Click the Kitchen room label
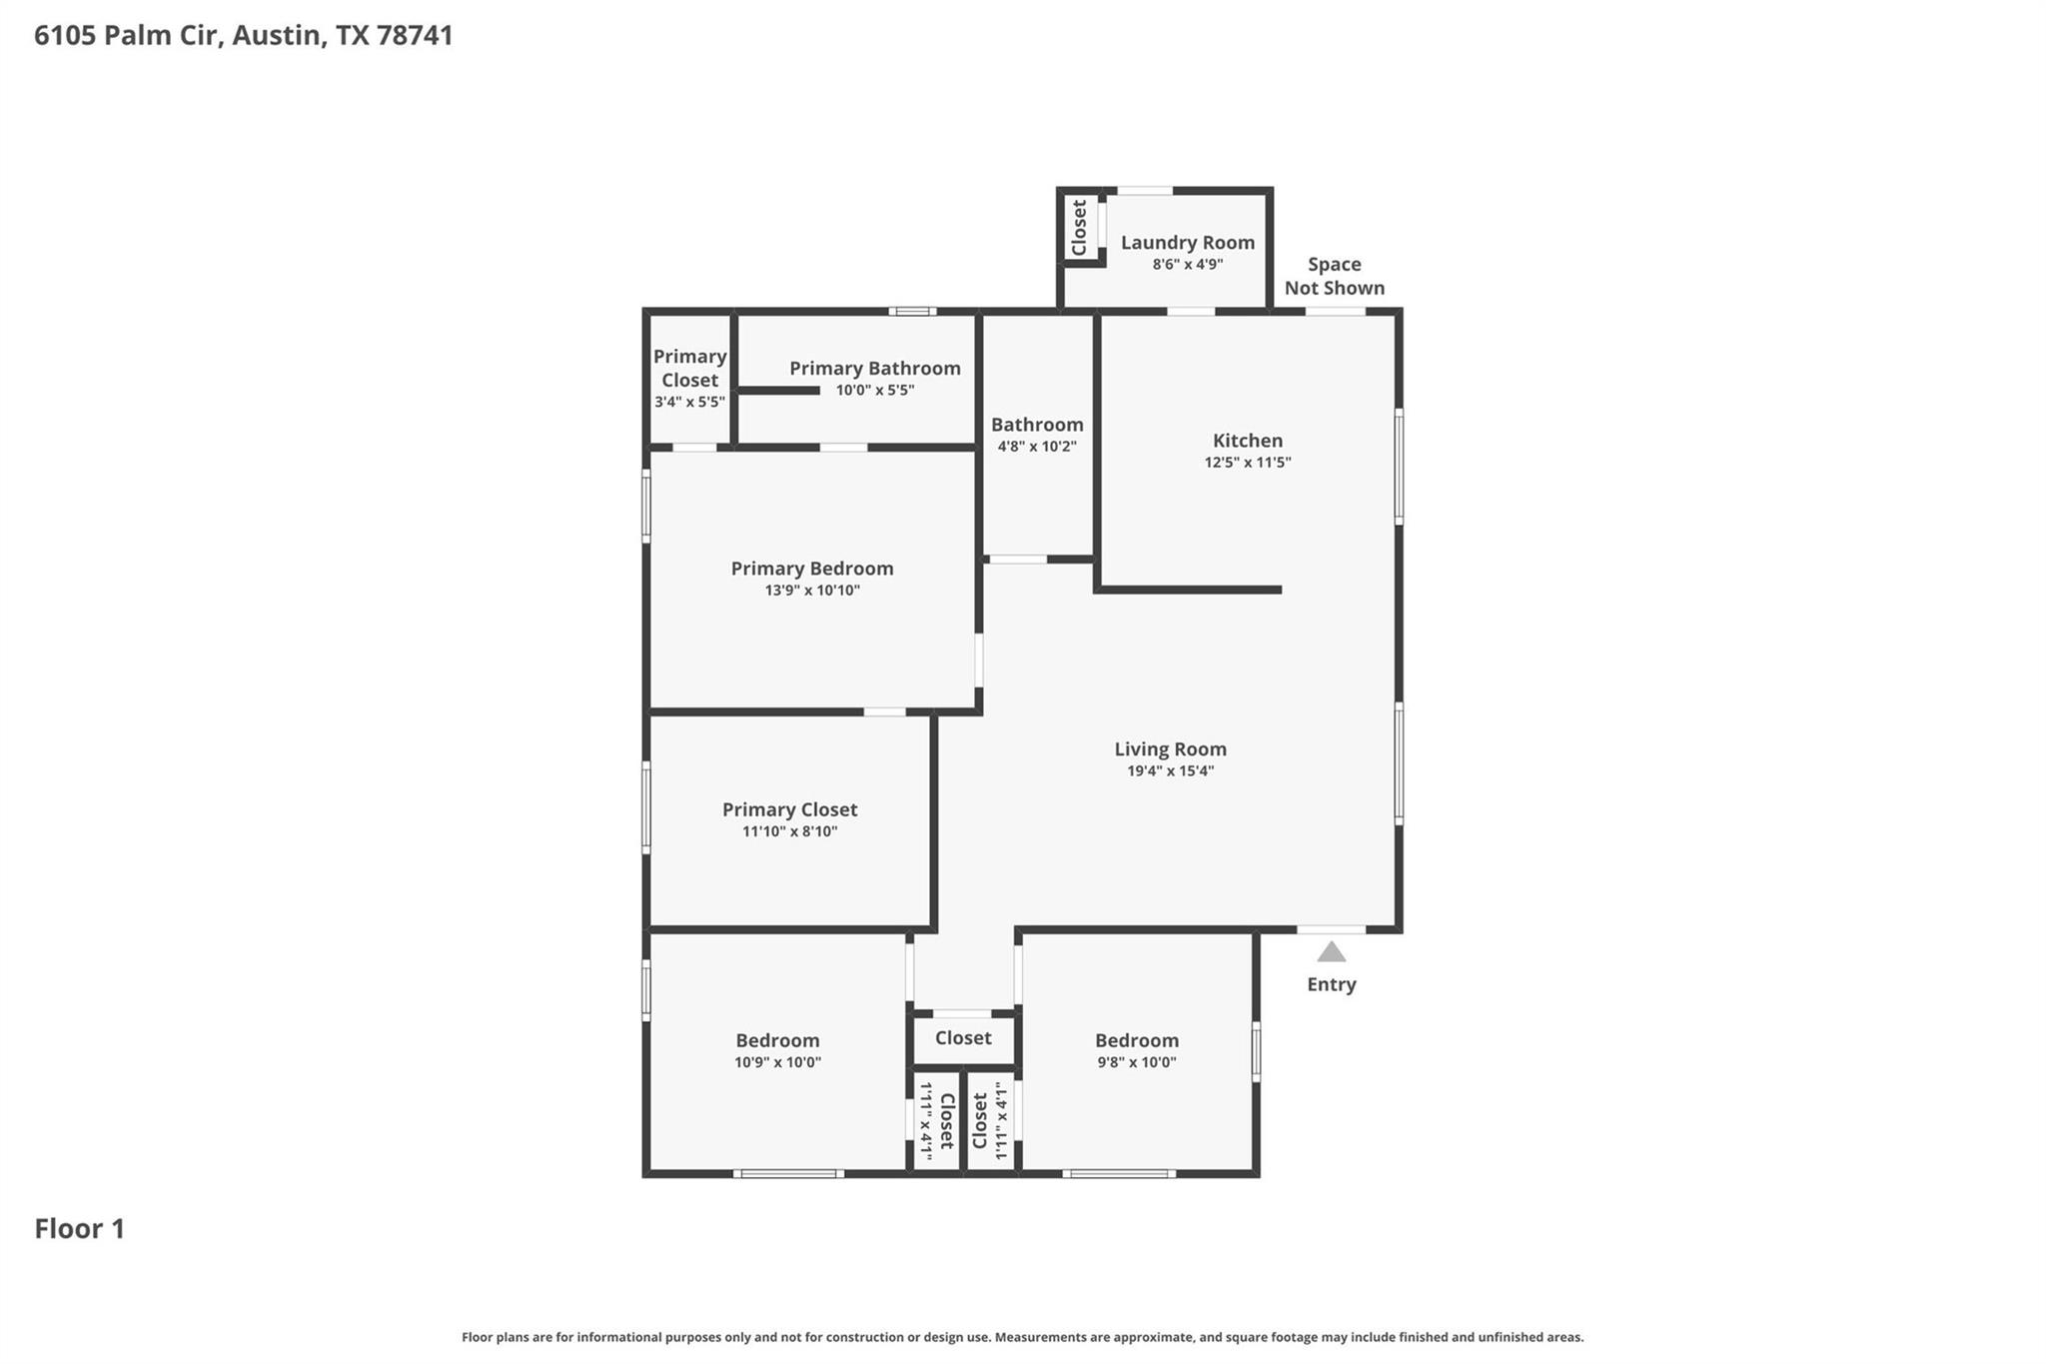click(x=1247, y=440)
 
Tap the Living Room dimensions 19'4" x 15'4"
click(x=1170, y=770)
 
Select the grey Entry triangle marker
click(x=1331, y=952)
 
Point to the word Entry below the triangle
click(x=1331, y=984)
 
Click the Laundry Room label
click(x=1187, y=242)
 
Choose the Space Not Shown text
click(x=1334, y=276)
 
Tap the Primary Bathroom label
click(x=874, y=368)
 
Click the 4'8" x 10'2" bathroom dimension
click(x=1037, y=447)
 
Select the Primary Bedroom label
click(x=811, y=568)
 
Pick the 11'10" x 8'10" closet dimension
click(x=789, y=831)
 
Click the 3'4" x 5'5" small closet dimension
click(x=689, y=402)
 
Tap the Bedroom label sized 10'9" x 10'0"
click(x=777, y=1040)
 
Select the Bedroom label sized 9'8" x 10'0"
click(x=1136, y=1040)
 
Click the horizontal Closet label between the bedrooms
click(x=963, y=1038)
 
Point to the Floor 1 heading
click(x=80, y=1228)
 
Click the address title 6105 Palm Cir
click(x=243, y=35)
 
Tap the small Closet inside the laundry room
click(x=1079, y=228)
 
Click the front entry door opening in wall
click(x=1331, y=929)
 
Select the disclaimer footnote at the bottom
click(x=1022, y=1337)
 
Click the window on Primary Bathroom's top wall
click(x=912, y=311)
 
